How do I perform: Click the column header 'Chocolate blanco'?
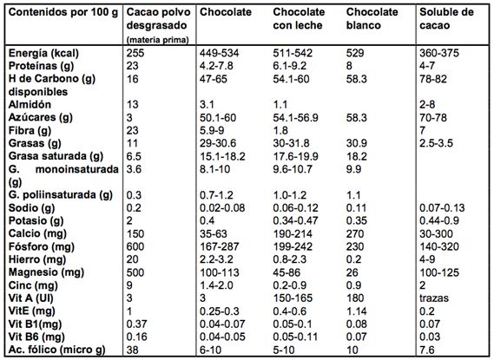[372, 18]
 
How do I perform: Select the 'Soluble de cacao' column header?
[446, 18]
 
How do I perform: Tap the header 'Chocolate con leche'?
[299, 18]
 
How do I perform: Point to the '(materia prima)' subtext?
[157, 40]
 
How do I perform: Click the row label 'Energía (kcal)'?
[43, 53]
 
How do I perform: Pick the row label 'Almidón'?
[30, 104]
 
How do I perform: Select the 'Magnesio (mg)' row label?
[46, 272]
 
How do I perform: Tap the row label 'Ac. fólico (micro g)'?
[56, 350]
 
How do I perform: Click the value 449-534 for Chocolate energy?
[220, 53]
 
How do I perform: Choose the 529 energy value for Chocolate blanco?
[355, 53]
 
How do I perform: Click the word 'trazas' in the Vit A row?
[434, 298]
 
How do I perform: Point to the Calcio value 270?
[355, 234]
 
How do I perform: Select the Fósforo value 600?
[135, 246]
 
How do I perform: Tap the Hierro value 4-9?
[427, 259]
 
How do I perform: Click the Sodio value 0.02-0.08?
[222, 208]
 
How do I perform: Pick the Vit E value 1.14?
[356, 311]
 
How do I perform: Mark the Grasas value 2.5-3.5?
[436, 143]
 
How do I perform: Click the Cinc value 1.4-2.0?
[216, 285]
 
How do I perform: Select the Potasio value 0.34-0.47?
[295, 221]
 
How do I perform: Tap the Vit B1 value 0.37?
[136, 324]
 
